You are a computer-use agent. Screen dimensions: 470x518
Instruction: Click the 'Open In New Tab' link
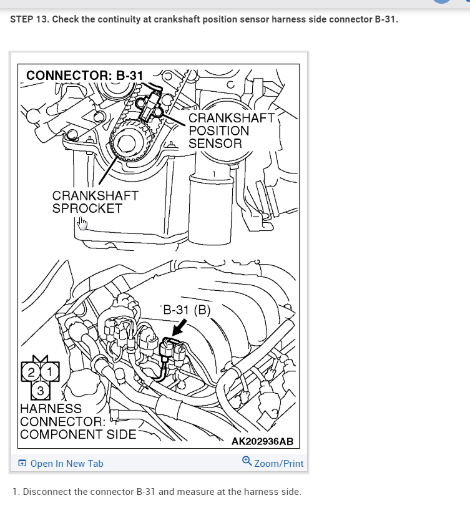coord(66,463)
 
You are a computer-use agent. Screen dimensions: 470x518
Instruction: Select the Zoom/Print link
coord(278,463)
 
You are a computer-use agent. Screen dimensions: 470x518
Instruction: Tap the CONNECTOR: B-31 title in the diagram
coord(85,76)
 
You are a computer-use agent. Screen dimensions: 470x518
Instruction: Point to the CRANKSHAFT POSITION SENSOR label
coord(231,130)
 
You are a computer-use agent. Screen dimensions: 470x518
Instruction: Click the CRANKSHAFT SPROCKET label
coord(95,202)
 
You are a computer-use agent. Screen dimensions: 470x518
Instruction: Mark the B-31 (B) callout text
coord(187,309)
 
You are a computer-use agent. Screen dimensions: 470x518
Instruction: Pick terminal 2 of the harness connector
coord(31,373)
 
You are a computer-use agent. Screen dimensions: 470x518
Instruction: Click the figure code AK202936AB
coord(262,442)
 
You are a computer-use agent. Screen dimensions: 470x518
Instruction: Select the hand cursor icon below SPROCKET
coord(83,223)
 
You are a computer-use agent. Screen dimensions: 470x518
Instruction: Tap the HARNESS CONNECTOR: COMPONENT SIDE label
coord(77,421)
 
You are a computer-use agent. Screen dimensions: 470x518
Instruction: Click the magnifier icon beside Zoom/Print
coord(247,462)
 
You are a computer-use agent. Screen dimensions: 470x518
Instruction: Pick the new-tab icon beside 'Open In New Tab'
coord(22,464)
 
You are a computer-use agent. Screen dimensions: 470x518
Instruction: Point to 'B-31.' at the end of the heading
coord(384,19)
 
